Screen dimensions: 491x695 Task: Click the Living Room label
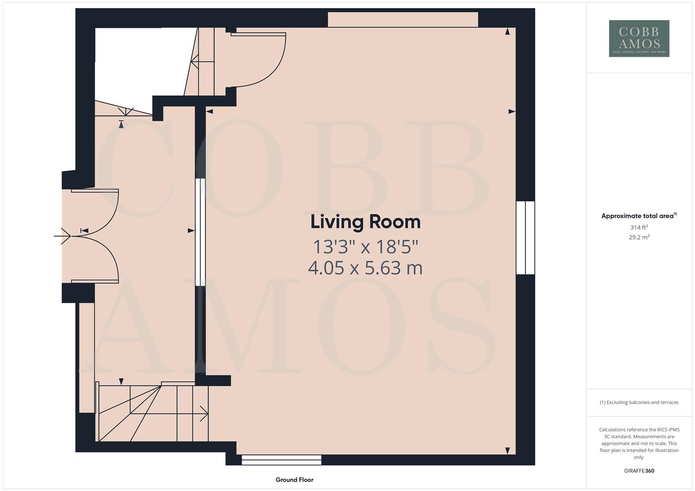click(365, 222)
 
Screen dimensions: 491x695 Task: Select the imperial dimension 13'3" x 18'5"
click(365, 247)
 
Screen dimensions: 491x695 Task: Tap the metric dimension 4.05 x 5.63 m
click(365, 268)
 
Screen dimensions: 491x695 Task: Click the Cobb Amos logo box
click(639, 38)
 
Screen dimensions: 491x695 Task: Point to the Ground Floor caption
click(294, 480)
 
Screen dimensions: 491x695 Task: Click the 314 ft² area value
click(639, 227)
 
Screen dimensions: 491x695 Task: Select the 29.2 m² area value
click(639, 237)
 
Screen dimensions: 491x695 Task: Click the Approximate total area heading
click(639, 216)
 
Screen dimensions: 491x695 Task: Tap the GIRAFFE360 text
click(639, 471)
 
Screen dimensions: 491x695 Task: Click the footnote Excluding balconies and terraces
click(639, 402)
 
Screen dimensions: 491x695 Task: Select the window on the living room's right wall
click(525, 238)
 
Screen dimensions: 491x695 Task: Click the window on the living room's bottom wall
click(281, 460)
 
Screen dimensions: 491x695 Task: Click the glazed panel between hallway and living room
click(200, 232)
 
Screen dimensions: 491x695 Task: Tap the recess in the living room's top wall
click(403, 20)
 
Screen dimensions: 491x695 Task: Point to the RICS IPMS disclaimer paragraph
click(639, 443)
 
